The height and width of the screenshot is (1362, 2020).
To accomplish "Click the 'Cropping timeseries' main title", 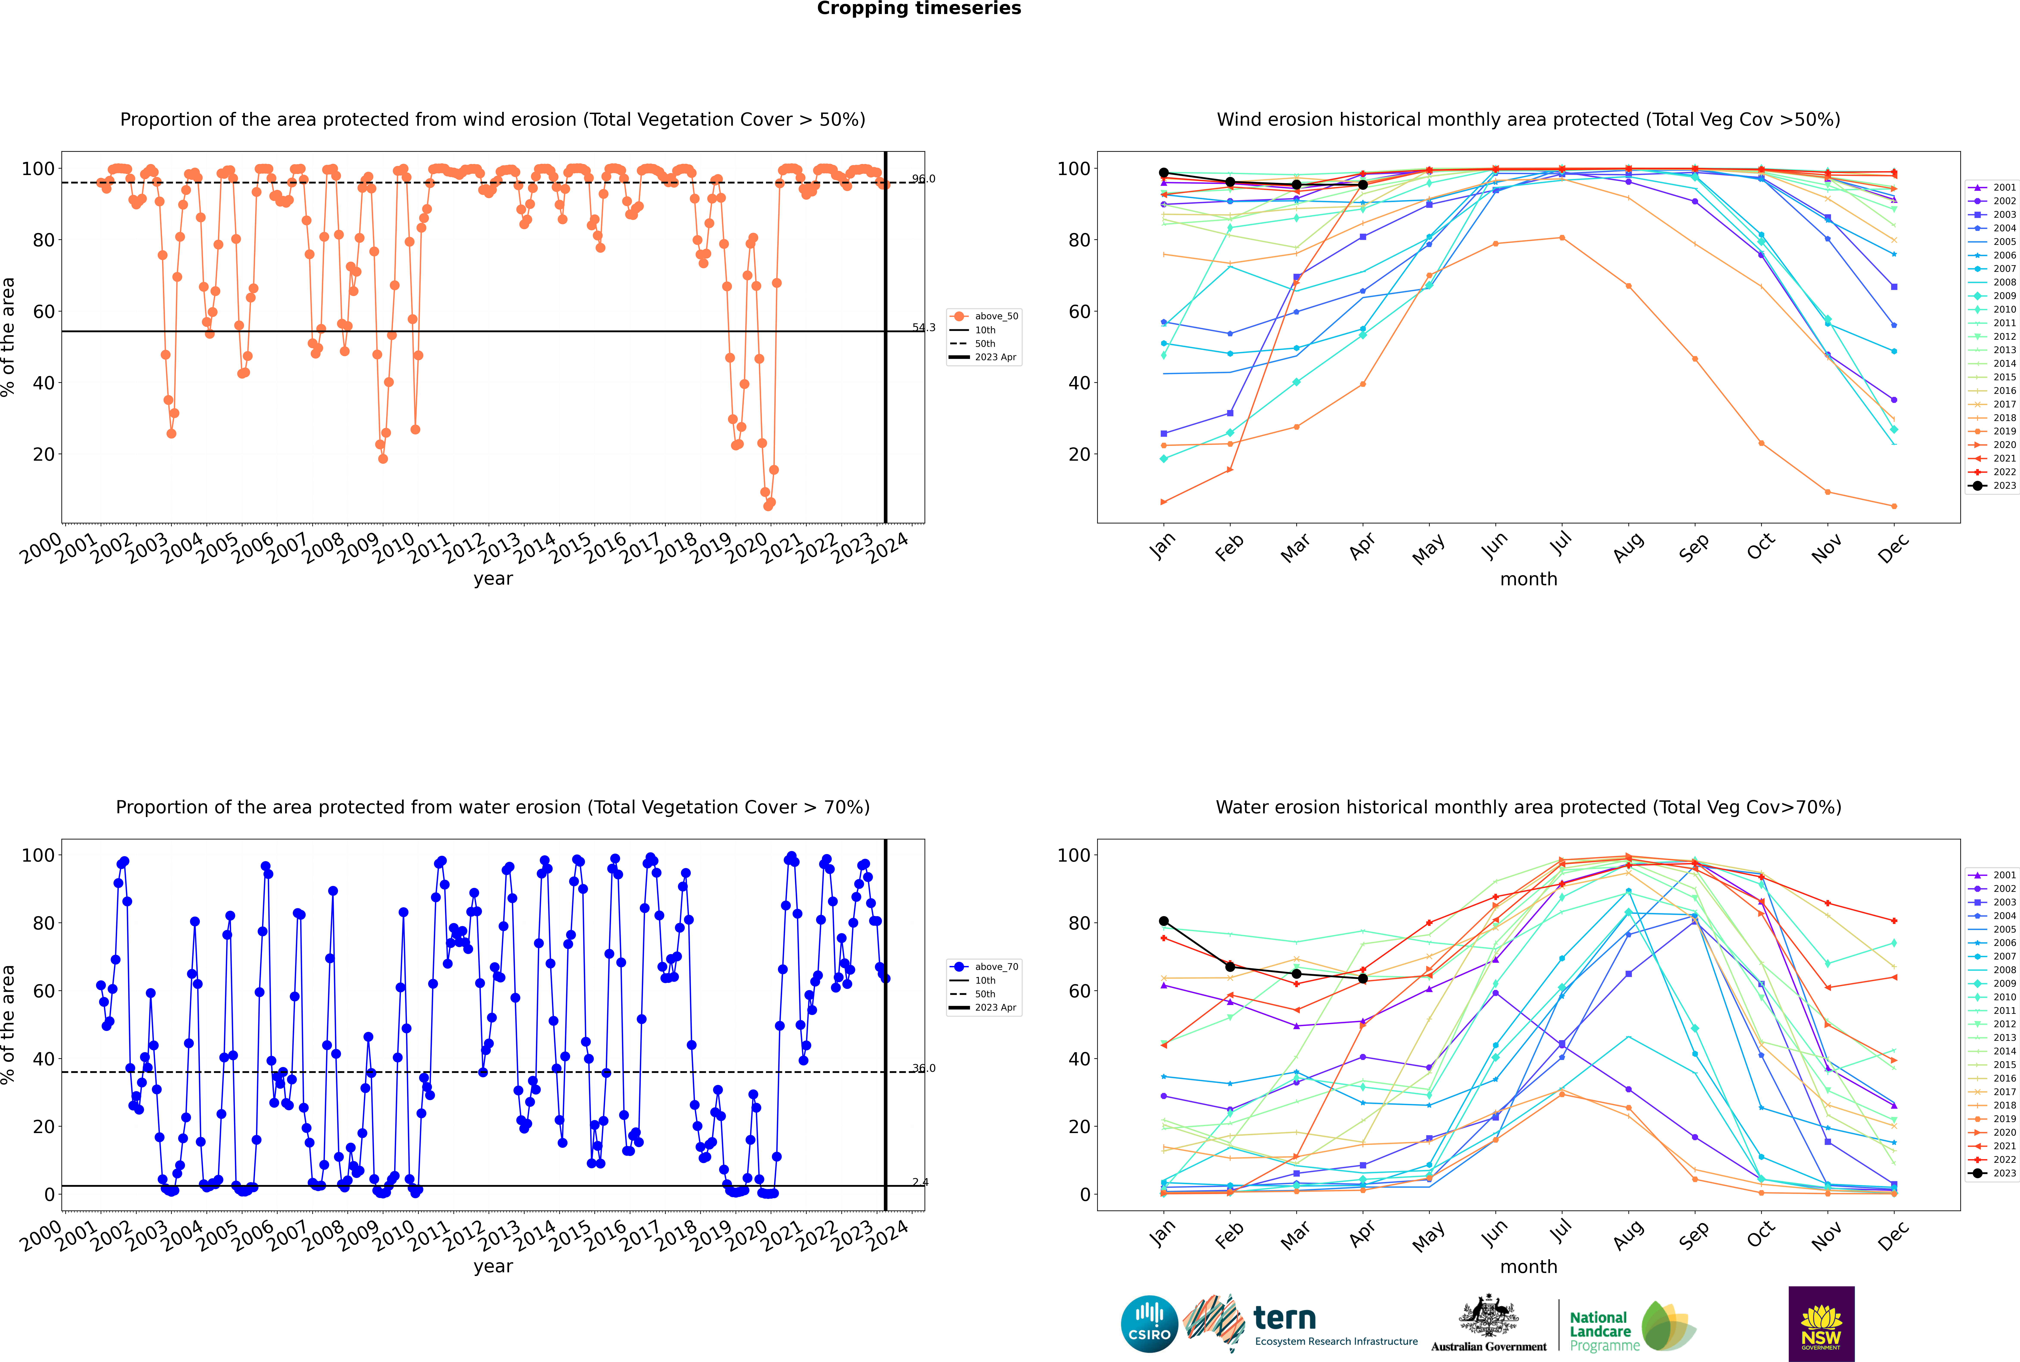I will [919, 9].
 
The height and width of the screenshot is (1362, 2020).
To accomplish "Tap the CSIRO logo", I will [1149, 1324].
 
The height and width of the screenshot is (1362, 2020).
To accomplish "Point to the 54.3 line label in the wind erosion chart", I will [923, 327].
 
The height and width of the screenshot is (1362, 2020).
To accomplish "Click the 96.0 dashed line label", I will [923, 179].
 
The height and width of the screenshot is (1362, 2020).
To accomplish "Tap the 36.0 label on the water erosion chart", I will [923, 1068].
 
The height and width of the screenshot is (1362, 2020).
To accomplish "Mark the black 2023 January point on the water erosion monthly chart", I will [1164, 921].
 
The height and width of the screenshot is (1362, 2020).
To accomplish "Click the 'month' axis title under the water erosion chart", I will [1528, 1267].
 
